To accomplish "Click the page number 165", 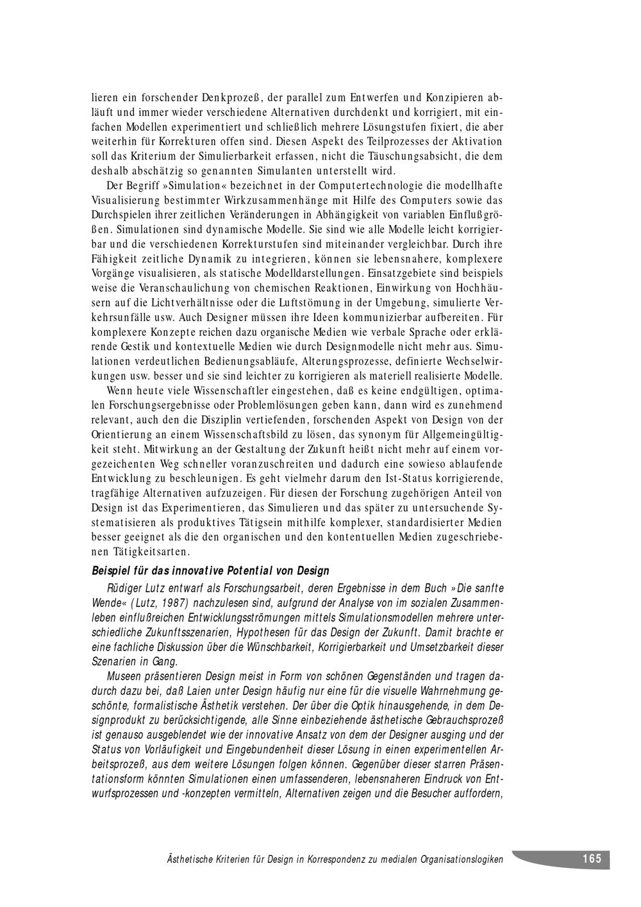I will coord(592,858).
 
